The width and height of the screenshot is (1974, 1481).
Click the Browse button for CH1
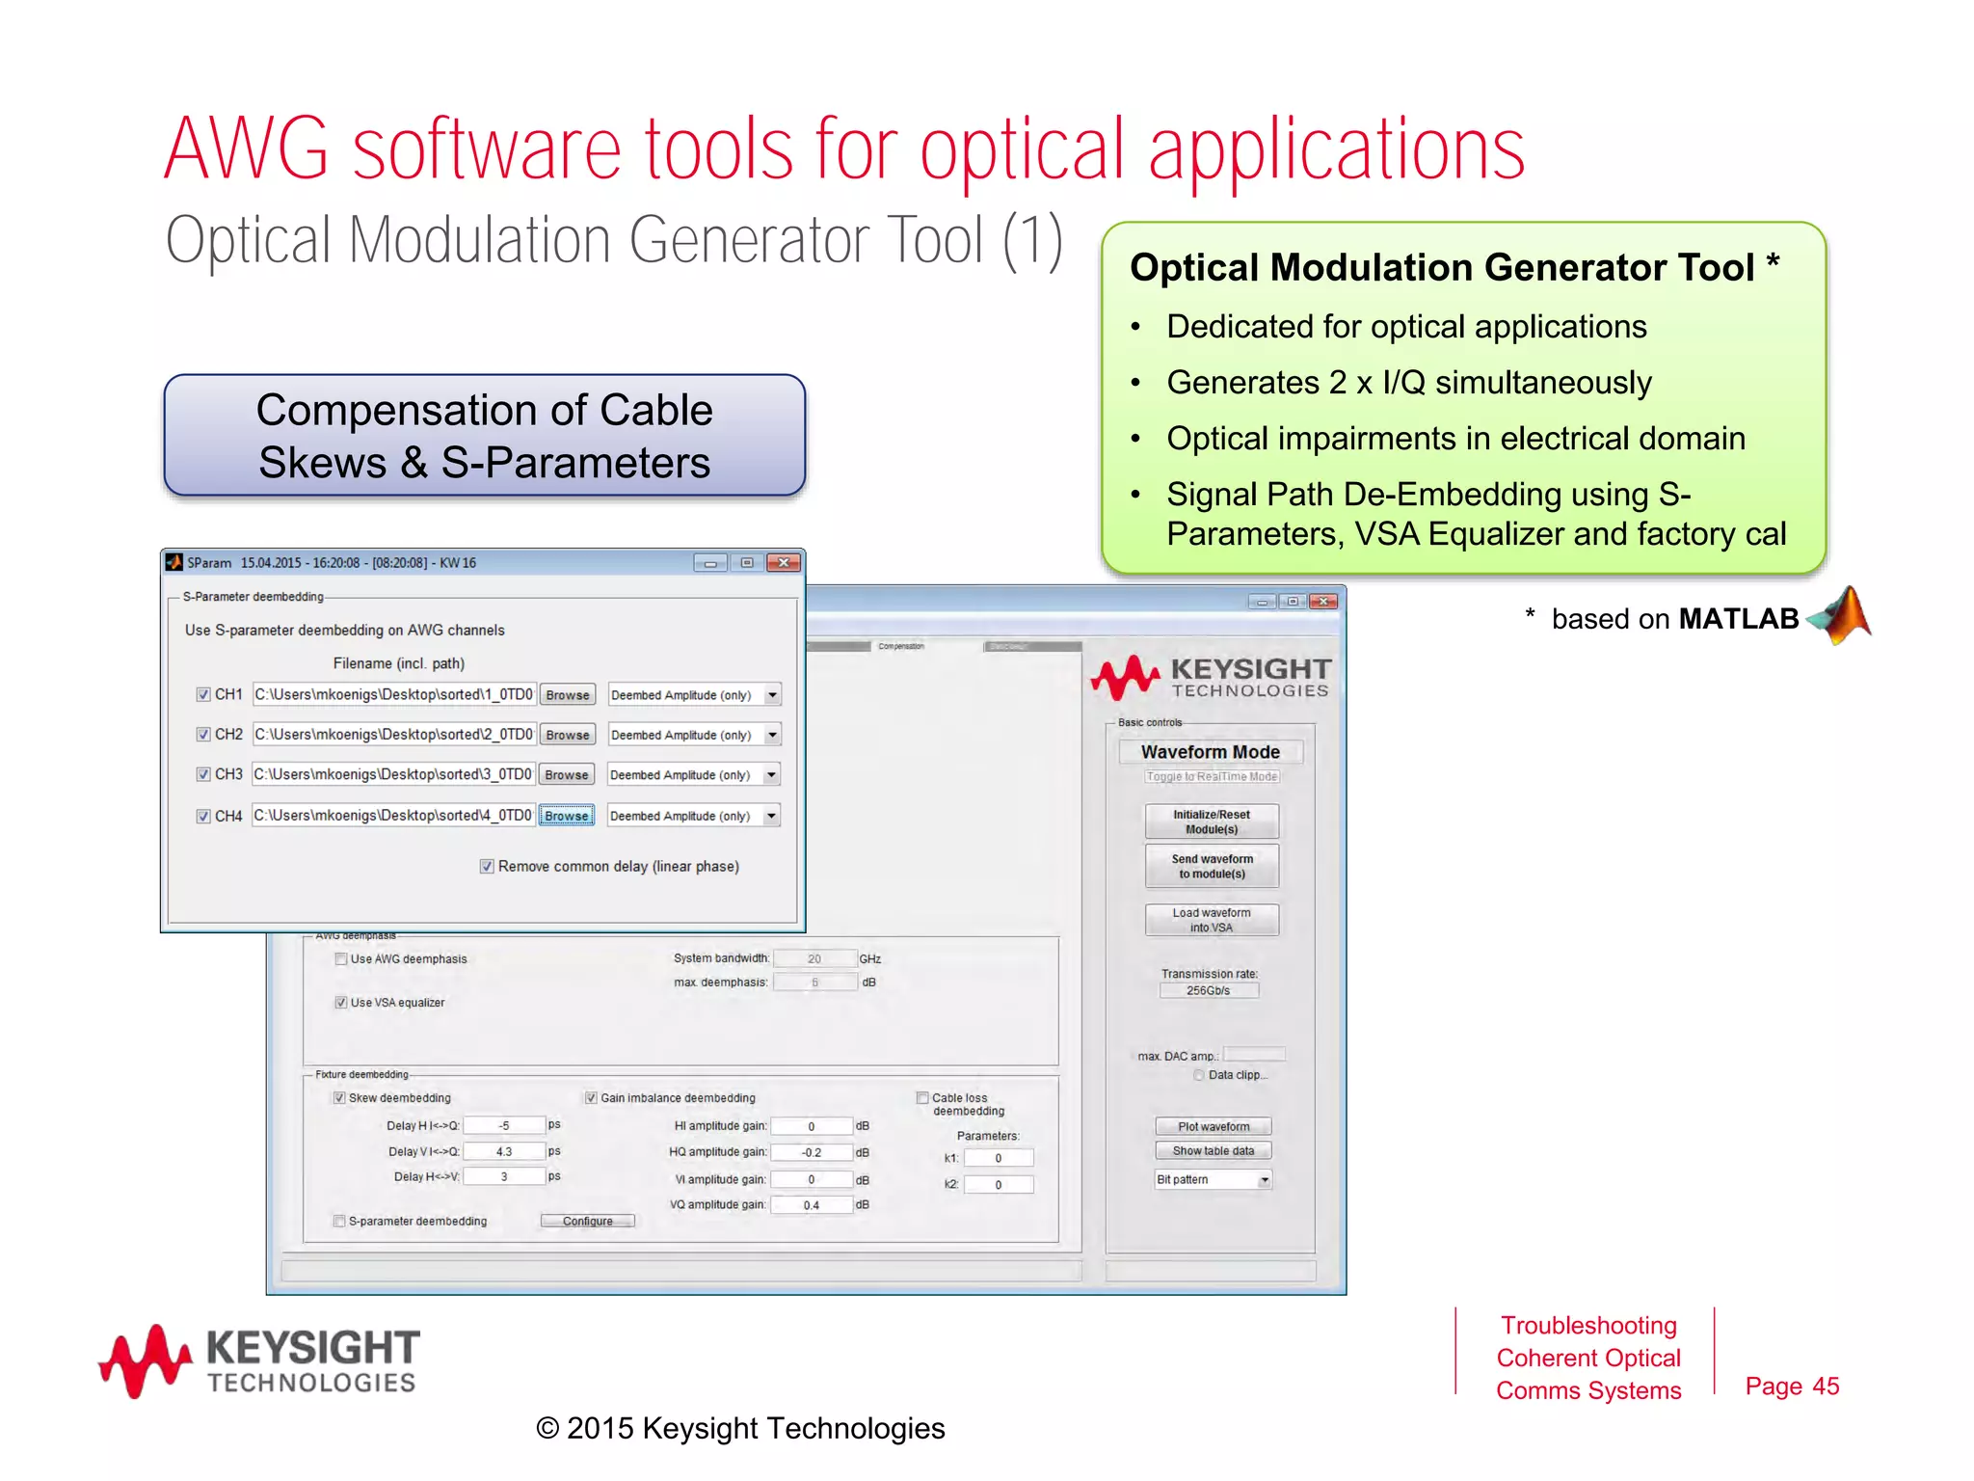[x=567, y=695]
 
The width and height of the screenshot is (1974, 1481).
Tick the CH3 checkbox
[x=203, y=774]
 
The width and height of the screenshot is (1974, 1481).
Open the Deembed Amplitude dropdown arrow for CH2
[x=772, y=735]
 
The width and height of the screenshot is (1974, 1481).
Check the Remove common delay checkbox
[x=487, y=866]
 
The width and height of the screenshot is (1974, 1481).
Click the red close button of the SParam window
[x=784, y=563]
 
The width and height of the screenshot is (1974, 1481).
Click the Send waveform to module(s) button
[x=1212, y=866]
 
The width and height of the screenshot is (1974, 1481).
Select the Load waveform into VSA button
[x=1212, y=920]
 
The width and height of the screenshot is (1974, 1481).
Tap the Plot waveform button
[x=1213, y=1126]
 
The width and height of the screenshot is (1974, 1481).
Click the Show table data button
[x=1213, y=1150]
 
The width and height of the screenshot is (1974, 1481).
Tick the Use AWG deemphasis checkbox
[x=341, y=958]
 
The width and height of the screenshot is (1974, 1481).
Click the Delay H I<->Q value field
[x=504, y=1125]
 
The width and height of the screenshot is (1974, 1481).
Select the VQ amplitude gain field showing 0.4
[x=812, y=1204]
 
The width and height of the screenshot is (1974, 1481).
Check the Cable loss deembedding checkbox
[x=922, y=1097]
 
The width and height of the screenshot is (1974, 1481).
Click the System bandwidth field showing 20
[x=814, y=958]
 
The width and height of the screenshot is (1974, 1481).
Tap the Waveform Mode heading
[x=1211, y=752]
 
